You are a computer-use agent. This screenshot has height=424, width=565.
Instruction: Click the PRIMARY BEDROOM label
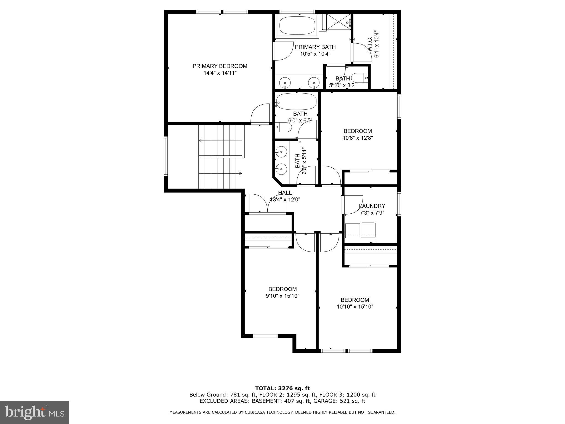pos(220,66)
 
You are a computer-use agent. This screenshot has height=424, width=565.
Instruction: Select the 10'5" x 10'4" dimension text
pos(315,54)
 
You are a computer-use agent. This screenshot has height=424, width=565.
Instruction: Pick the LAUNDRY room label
pos(372,206)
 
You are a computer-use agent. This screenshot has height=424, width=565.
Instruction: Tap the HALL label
pos(285,193)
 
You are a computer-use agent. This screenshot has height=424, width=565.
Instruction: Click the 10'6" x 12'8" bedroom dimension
pos(358,138)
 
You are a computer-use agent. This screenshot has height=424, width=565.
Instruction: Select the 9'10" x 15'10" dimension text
pos(282,296)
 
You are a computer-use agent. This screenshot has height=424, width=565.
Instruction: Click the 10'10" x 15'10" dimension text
pos(355,307)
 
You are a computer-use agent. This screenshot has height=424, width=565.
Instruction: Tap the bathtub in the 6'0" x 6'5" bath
pos(297,102)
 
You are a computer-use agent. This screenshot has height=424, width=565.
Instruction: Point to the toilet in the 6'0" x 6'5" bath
pos(284,127)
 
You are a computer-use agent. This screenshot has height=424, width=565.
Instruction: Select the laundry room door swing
pos(353,205)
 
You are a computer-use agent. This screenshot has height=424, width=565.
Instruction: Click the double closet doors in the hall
pos(268,203)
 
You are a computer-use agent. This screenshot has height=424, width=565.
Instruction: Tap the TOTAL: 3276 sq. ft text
pos(282,388)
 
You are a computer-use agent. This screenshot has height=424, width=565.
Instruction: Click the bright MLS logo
pos(34,413)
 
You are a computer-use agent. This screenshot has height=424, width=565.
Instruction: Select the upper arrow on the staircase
pos(201,141)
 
